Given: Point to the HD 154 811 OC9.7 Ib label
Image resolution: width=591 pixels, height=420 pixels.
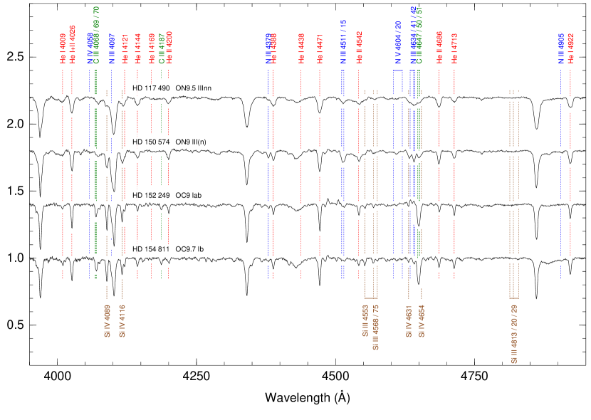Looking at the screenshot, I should point(169,250).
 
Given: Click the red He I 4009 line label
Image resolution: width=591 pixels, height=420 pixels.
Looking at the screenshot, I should point(63,49).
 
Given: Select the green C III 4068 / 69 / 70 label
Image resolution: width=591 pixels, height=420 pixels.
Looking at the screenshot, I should point(96,36).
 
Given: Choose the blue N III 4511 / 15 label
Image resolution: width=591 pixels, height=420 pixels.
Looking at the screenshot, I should point(342,42).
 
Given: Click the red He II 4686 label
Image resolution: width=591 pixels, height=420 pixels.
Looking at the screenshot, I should point(439,48).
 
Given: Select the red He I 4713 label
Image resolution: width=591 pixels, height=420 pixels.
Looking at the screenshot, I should point(454,49).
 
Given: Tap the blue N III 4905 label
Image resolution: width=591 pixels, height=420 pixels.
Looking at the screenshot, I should point(560,49).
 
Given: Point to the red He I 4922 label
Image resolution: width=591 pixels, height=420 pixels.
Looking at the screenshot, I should point(570,49).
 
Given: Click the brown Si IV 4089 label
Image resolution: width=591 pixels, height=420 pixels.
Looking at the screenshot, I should point(107,321).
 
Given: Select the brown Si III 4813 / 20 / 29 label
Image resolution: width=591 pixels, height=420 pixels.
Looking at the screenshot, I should point(513,334).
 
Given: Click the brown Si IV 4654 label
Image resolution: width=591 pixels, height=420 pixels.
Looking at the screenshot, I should point(421,321).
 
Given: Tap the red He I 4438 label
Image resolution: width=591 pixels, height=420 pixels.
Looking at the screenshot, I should point(301,49).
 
